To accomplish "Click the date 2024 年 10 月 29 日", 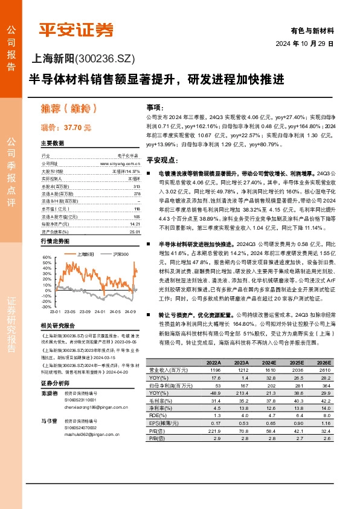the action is tap(313, 44).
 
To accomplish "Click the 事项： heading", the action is tap(155, 105).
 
